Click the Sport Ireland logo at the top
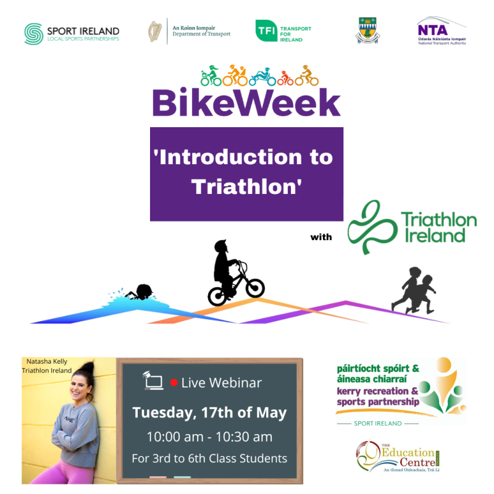pos(71,33)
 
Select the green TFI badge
pos(266,31)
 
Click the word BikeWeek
pos(246,103)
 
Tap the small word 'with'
pos(320,237)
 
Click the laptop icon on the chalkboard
pos(153,382)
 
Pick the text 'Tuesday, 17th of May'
pos(209,412)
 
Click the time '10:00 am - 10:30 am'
pos(209,437)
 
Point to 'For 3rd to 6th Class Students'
pos(209,458)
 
